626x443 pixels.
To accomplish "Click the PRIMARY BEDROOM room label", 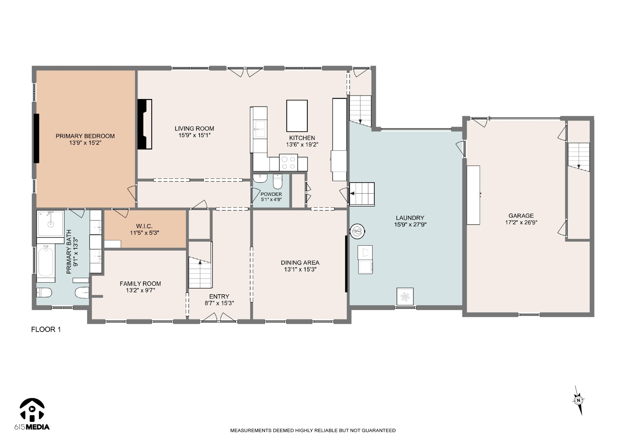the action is click(x=85, y=136).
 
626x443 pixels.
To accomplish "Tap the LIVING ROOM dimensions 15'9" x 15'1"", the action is click(x=194, y=135).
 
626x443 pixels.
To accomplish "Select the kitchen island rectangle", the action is click(x=297, y=116).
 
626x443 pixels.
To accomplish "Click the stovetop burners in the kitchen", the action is click(x=289, y=162).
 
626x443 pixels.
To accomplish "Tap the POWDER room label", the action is click(x=271, y=194).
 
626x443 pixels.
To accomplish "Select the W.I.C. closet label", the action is click(x=144, y=226).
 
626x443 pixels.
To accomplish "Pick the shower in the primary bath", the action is click(x=50, y=224).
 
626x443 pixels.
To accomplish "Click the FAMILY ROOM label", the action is click(x=140, y=284).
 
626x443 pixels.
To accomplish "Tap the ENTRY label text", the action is click(x=219, y=296).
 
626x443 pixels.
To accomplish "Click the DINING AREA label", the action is click(x=300, y=262).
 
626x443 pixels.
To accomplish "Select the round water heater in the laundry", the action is click(x=357, y=231).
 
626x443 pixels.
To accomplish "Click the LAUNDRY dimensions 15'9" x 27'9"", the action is click(x=410, y=224).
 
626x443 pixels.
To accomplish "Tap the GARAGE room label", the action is click(x=521, y=216).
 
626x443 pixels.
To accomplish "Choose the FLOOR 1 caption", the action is click(x=46, y=329).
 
